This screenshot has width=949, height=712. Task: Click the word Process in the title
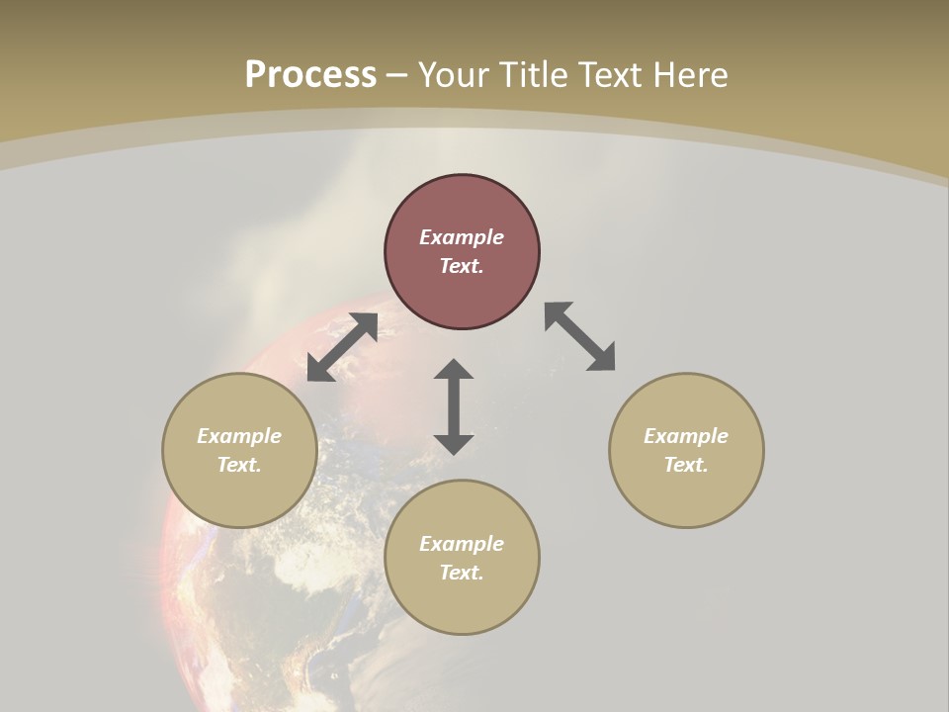tap(310, 75)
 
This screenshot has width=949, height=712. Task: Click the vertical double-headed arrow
tap(454, 406)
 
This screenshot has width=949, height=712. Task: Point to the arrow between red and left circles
tap(342, 347)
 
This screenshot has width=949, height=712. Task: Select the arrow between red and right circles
tap(580, 336)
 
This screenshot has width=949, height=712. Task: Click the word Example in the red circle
tap(462, 237)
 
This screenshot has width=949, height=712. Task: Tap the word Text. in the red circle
tap(462, 266)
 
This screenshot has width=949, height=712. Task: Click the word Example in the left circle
tap(239, 436)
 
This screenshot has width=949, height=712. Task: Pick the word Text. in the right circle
tap(686, 465)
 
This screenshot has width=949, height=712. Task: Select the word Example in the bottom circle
tap(462, 544)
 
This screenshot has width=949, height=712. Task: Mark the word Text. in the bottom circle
tap(462, 573)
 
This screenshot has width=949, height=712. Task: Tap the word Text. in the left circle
tap(239, 465)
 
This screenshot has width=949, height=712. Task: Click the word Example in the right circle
tap(686, 436)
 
